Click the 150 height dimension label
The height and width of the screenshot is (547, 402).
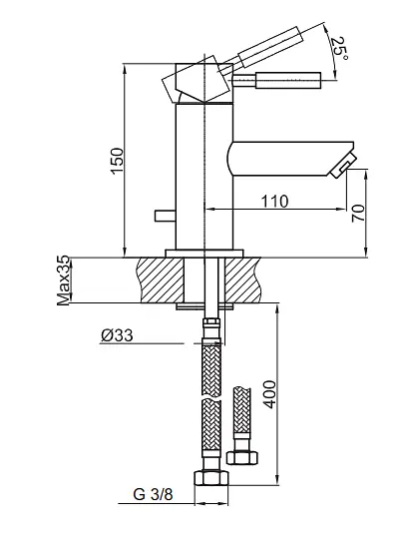click(x=118, y=161)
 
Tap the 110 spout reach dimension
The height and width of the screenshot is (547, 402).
click(x=274, y=202)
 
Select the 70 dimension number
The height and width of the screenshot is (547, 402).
click(x=358, y=214)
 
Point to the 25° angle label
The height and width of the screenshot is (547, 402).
click(x=338, y=48)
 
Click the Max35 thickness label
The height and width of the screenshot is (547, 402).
click(x=64, y=280)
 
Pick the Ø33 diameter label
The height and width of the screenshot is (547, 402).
click(x=117, y=335)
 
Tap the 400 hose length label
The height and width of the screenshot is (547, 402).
click(x=269, y=394)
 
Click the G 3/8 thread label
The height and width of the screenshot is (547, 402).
click(x=153, y=494)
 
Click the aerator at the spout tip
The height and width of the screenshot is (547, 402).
click(x=343, y=165)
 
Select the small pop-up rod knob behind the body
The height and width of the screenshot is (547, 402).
click(x=165, y=216)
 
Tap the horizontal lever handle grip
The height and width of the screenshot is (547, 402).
click(x=288, y=81)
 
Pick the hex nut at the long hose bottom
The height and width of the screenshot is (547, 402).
click(x=211, y=477)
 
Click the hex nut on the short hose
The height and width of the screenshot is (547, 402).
click(x=242, y=457)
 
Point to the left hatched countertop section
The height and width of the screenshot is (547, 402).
click(x=161, y=279)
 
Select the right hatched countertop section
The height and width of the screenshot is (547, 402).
click(x=242, y=279)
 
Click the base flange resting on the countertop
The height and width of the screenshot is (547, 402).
click(x=204, y=254)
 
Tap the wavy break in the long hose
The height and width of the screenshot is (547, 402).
click(x=211, y=398)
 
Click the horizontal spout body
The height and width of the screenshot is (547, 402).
click(x=290, y=158)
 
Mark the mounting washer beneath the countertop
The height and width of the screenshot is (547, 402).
click(x=204, y=306)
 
